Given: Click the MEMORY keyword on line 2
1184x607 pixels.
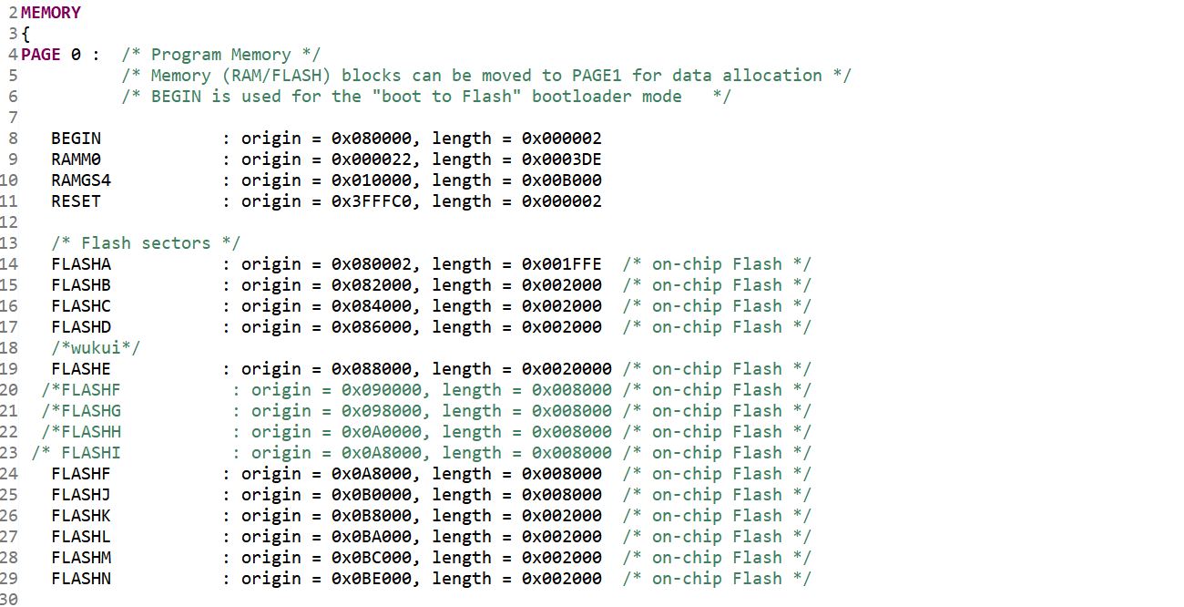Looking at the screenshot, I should (x=50, y=13).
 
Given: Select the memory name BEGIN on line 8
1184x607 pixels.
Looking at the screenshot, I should (x=76, y=139).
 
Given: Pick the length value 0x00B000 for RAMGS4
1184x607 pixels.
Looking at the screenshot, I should (x=561, y=180).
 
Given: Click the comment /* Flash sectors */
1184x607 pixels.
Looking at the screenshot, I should (x=146, y=243).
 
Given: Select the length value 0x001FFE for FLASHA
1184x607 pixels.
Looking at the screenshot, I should (x=561, y=264).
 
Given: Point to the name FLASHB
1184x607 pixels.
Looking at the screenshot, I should (x=81, y=285).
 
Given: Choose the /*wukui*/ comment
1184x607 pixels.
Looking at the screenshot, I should (x=96, y=348).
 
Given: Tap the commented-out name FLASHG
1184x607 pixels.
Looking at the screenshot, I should (x=91, y=411).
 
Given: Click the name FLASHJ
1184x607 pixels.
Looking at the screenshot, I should (x=81, y=495).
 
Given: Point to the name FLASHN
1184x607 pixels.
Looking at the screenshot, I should (x=81, y=579).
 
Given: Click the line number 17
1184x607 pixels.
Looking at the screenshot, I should (x=9, y=327).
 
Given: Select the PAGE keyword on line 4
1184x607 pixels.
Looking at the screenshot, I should (x=41, y=55).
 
